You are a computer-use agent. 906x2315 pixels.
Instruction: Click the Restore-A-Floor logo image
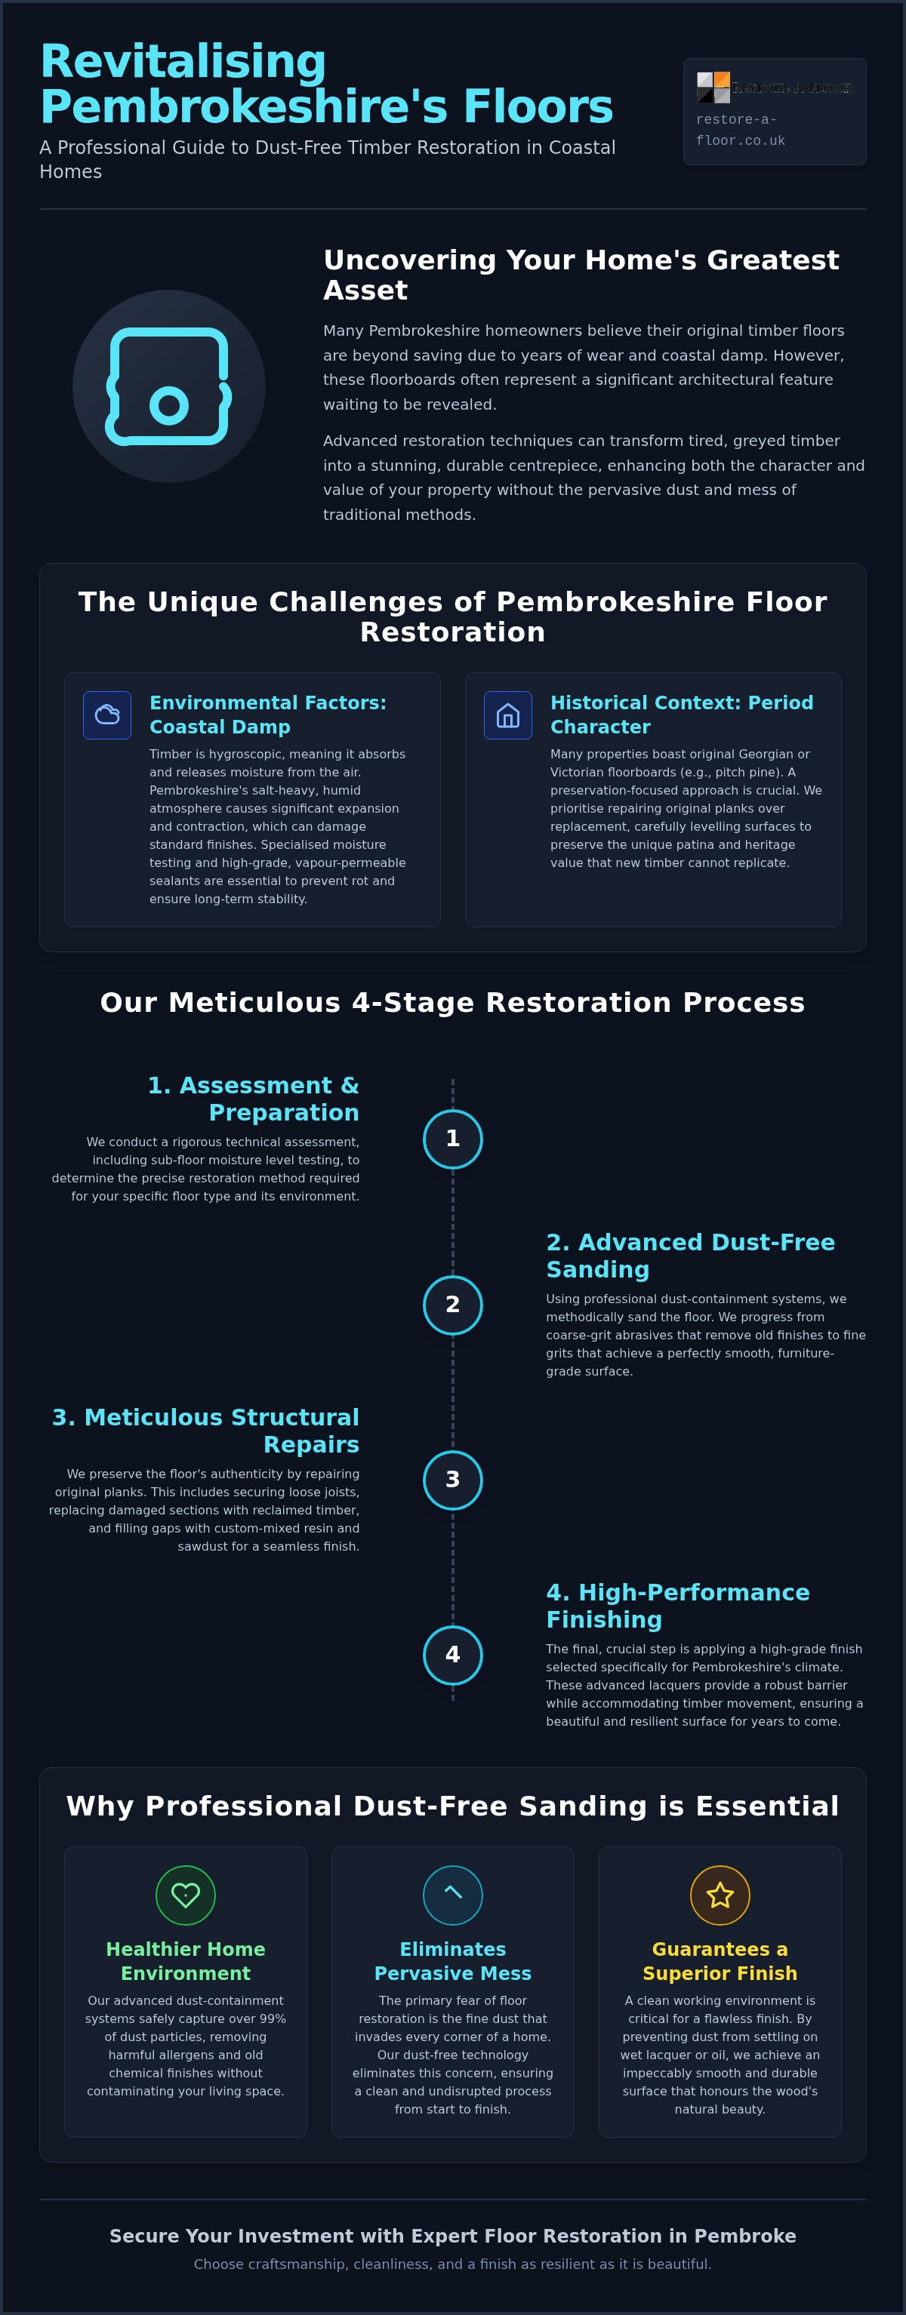[x=775, y=88]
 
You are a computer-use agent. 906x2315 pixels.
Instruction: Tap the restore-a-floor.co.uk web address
[x=741, y=131]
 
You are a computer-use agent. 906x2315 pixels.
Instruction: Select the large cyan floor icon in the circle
[x=169, y=386]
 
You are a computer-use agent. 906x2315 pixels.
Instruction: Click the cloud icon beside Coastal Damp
[x=107, y=715]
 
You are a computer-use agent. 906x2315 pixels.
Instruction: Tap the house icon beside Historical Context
[x=508, y=715]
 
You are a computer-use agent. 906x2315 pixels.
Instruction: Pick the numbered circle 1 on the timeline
[x=453, y=1139]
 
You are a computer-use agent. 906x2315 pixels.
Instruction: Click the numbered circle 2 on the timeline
[x=453, y=1305]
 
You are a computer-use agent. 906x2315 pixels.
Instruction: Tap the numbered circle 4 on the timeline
[x=453, y=1655]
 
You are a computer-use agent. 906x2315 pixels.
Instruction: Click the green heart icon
[x=186, y=1895]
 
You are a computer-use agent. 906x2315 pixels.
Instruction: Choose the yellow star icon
[x=720, y=1895]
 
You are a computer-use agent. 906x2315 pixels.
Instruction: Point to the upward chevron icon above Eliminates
[x=453, y=1892]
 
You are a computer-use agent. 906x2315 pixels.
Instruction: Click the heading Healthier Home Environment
[x=186, y=1961]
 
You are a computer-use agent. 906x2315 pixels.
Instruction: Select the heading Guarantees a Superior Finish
[x=720, y=1961]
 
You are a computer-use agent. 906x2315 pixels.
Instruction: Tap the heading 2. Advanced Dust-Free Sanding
[x=690, y=1256]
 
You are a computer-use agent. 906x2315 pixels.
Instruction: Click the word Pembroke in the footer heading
[x=745, y=2236]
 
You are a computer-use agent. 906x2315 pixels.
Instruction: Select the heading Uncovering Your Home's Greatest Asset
[x=581, y=275]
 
